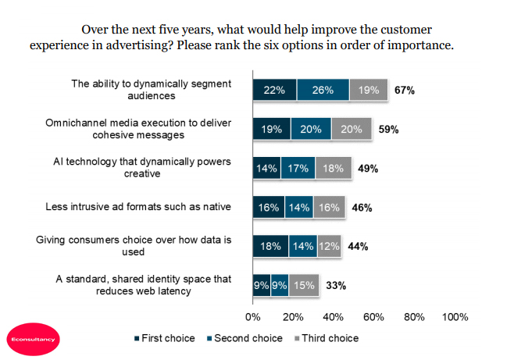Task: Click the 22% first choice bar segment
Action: tap(274, 91)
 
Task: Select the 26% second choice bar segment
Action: tap(323, 91)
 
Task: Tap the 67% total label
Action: tap(404, 91)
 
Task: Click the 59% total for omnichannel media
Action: tap(389, 130)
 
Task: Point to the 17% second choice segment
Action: tap(298, 169)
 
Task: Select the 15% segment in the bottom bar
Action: tap(302, 285)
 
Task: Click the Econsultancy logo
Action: tap(32, 338)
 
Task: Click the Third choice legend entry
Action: tap(328, 338)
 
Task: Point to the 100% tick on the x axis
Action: tap(455, 318)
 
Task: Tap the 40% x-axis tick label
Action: tap(334, 318)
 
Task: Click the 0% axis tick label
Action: tap(253, 318)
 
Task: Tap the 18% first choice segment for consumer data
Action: tap(270, 246)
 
